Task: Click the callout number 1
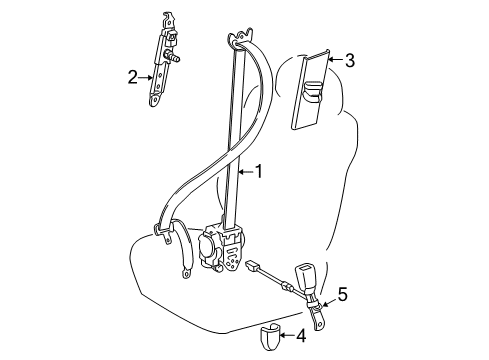point(258,172)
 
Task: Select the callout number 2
point(133,77)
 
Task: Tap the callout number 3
point(350,60)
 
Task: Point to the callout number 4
point(301,336)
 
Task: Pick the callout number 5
point(342,294)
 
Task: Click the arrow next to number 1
point(246,172)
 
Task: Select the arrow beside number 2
point(145,77)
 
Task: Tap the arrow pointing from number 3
point(335,60)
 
